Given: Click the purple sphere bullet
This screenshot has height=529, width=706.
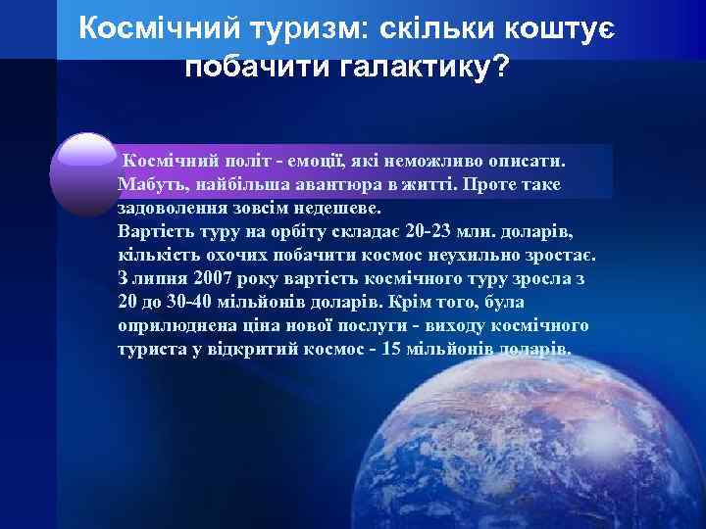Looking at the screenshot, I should pyautogui.click(x=85, y=173).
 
